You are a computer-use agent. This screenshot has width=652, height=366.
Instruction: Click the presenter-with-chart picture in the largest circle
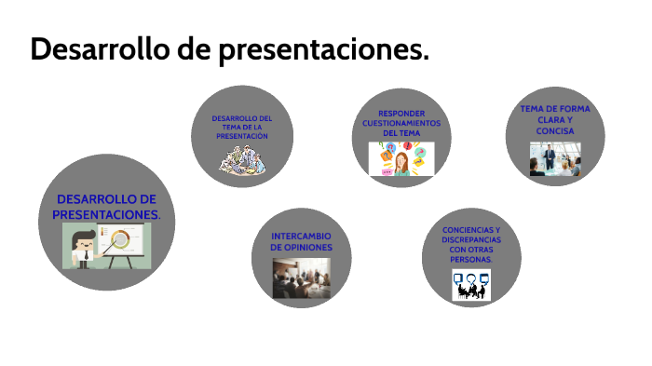tap(106, 246)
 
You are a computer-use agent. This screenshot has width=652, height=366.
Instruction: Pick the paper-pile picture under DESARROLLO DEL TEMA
tap(243, 158)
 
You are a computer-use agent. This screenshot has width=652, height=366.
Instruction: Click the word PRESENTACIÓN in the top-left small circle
tap(242, 136)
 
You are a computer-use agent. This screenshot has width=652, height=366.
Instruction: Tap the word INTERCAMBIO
tap(301, 236)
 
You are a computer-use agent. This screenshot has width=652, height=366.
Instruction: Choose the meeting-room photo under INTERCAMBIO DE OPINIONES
tap(300, 278)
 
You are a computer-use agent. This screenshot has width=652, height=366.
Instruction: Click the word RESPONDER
tap(401, 113)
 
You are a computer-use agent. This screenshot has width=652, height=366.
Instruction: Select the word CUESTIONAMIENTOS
tap(401, 123)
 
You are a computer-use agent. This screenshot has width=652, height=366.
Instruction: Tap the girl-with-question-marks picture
tap(401, 158)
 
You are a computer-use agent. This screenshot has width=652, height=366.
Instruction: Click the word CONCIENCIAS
tap(470, 229)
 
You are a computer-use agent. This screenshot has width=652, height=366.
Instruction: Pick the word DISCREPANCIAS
tap(470, 239)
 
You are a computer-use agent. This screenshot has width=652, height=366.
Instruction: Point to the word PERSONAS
tap(470, 260)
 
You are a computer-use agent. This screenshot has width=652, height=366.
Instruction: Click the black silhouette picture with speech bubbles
tap(471, 284)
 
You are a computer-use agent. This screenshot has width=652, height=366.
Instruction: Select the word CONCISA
tap(555, 130)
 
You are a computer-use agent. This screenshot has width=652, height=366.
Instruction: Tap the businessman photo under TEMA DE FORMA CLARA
tap(555, 159)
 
